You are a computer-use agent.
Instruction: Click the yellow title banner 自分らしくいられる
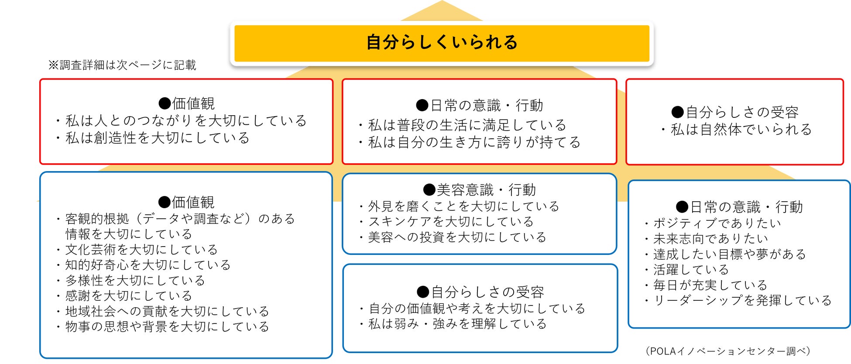click(x=442, y=43)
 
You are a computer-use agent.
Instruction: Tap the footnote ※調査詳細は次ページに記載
click(x=122, y=65)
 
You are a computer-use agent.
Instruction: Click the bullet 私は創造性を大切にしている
click(x=157, y=138)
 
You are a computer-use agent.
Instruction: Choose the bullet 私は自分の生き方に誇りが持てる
click(x=474, y=142)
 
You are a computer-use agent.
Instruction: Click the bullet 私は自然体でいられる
click(x=741, y=129)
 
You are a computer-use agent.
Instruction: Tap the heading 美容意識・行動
click(x=479, y=190)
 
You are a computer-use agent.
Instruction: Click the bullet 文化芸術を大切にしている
click(x=141, y=250)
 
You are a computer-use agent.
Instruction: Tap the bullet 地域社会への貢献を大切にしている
click(x=167, y=311)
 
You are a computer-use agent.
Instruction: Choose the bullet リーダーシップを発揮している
click(x=742, y=300)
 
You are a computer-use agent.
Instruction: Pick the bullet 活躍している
click(x=691, y=270)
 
